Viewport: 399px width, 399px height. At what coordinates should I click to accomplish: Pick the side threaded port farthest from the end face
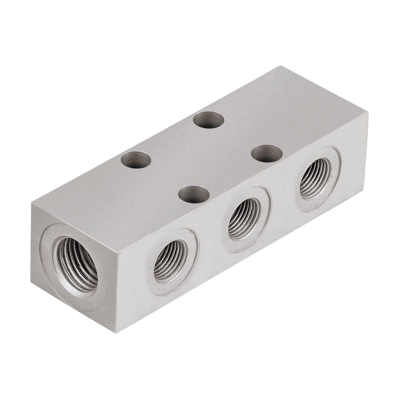click(315, 181)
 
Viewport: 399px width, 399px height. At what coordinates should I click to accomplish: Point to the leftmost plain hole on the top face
click(136, 160)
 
